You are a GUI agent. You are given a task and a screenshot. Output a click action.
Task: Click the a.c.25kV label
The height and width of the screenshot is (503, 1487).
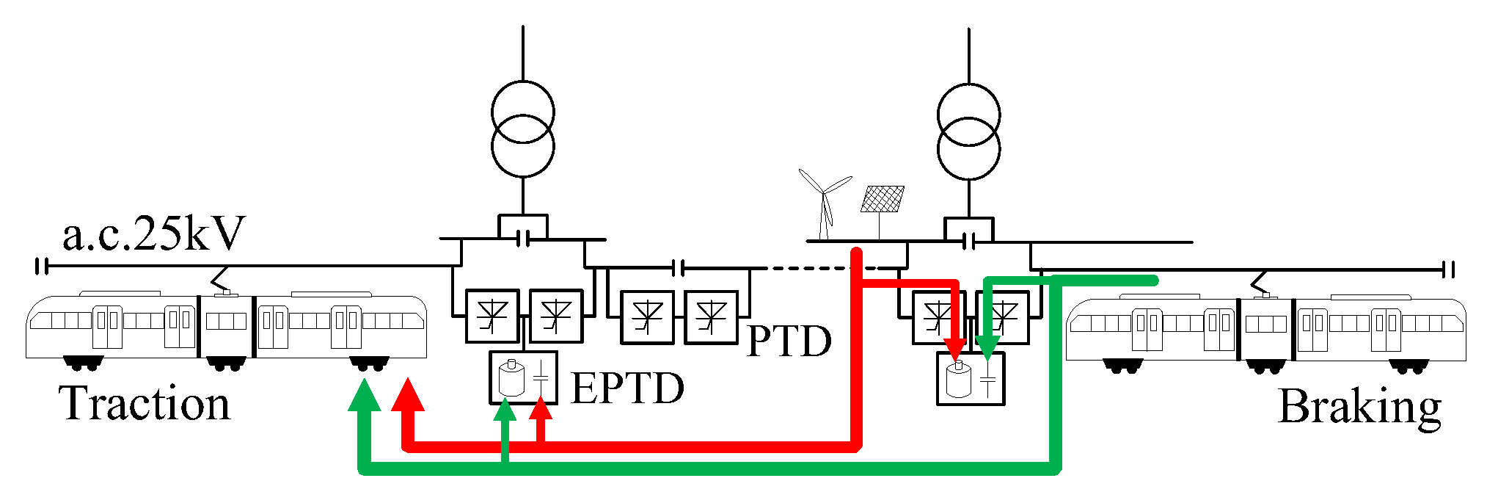(x=153, y=234)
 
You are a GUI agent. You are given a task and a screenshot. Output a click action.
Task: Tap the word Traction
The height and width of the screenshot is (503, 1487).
(x=145, y=403)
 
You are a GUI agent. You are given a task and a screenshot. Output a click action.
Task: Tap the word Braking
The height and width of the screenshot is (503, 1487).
(x=1359, y=407)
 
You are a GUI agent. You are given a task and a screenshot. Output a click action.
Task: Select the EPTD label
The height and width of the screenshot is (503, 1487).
(x=627, y=388)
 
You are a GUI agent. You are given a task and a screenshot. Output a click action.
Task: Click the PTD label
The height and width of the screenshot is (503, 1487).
(x=789, y=340)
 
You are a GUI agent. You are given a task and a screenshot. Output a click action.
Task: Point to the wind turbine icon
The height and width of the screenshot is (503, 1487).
(x=825, y=202)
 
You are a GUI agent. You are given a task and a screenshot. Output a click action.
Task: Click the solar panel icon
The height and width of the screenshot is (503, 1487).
(x=883, y=200)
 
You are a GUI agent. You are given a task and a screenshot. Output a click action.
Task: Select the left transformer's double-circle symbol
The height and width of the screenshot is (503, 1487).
(x=523, y=130)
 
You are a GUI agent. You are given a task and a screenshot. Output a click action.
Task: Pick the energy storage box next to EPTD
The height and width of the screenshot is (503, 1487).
(x=523, y=377)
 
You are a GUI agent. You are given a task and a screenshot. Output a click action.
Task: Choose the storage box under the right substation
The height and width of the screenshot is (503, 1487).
(x=971, y=379)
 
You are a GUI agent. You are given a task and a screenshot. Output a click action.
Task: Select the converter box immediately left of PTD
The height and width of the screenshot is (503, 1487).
(x=712, y=317)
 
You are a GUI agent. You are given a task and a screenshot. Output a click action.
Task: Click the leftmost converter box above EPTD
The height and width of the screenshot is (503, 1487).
(x=492, y=316)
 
